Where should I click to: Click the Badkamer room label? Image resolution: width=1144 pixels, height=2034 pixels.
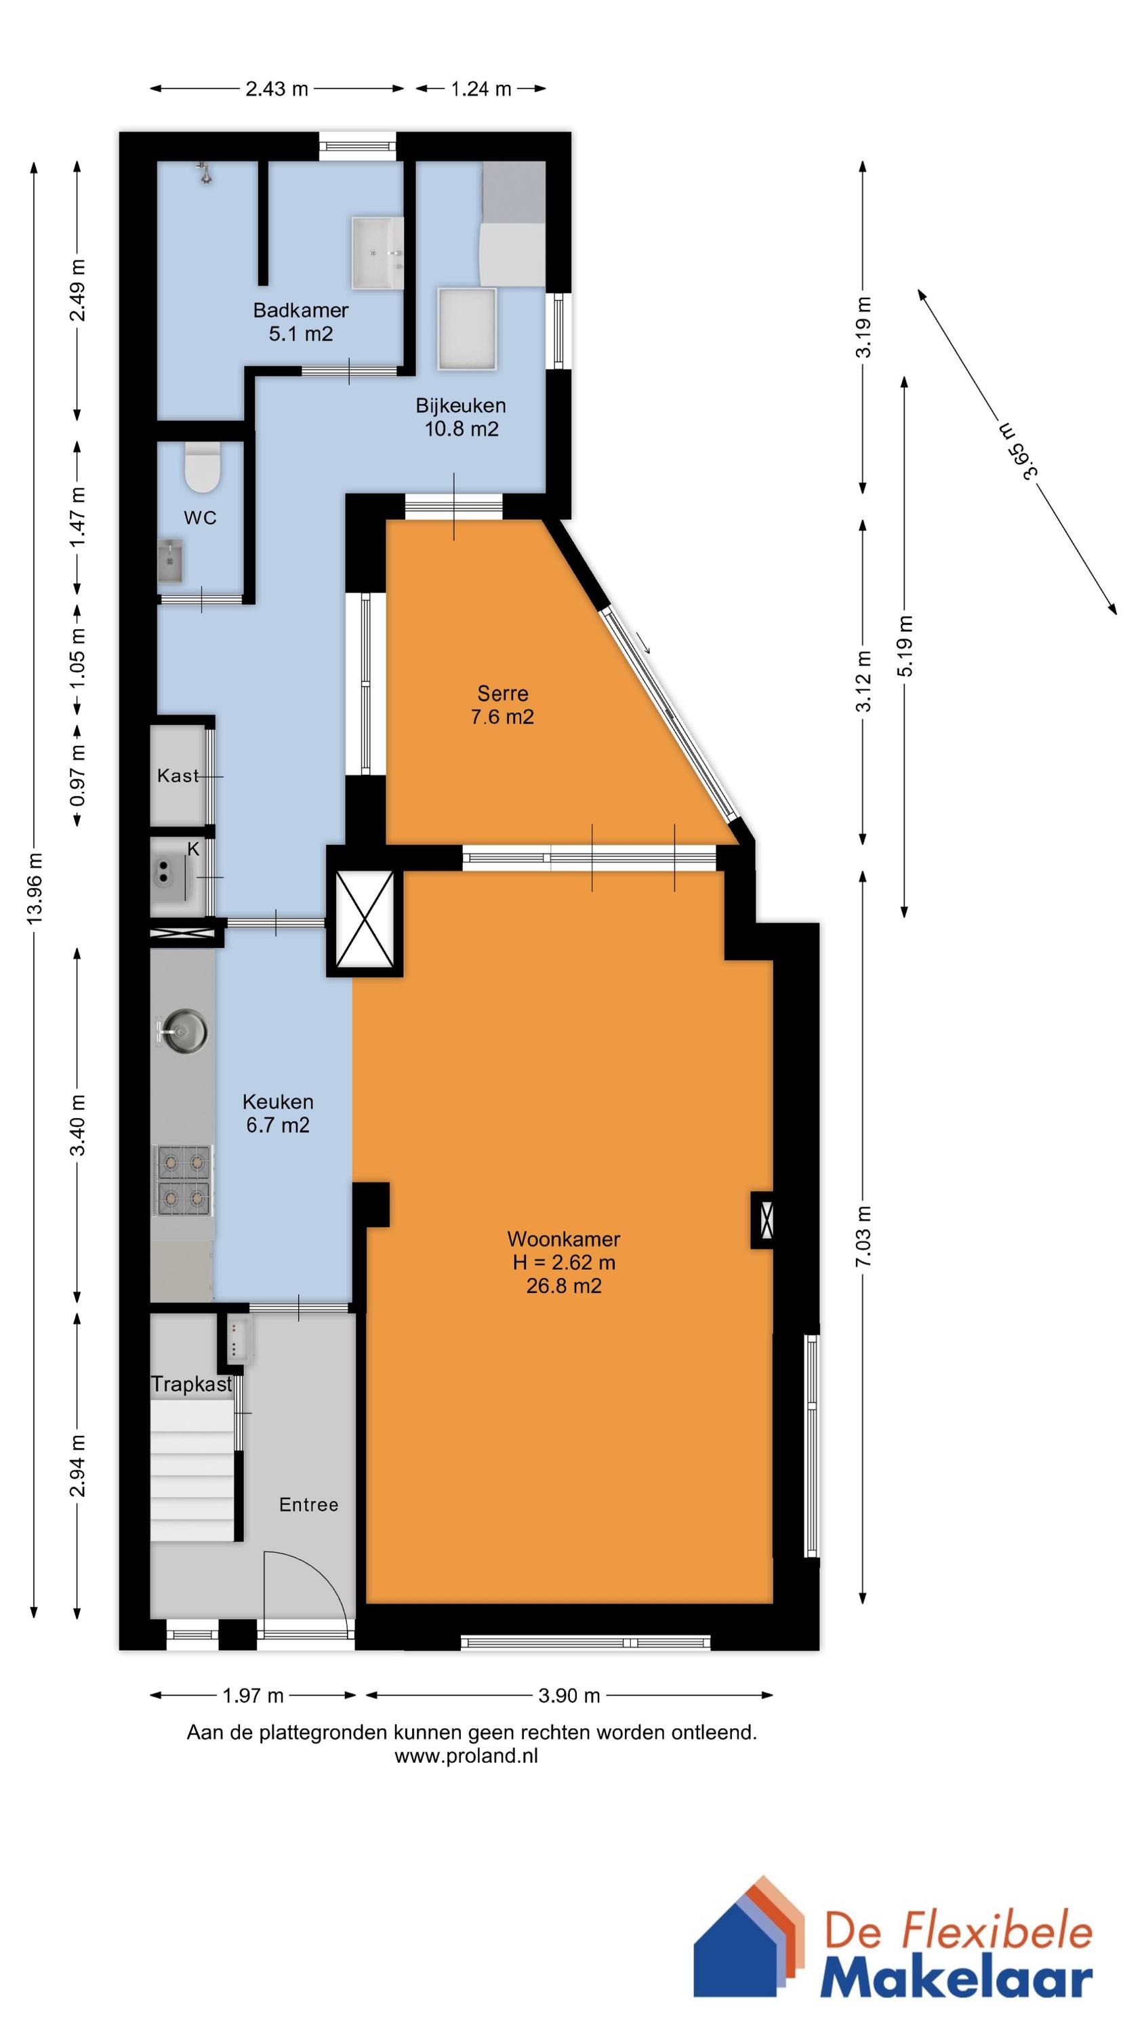point(301,311)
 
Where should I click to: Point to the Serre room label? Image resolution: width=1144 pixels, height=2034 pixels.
point(503,694)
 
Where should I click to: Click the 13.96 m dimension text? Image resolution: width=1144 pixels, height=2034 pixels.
point(35,889)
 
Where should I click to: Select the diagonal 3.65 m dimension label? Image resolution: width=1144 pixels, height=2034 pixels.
point(1018,451)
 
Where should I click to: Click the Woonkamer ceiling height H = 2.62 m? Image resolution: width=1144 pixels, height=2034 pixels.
point(564,1262)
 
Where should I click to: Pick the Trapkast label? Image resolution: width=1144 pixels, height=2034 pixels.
point(192,1384)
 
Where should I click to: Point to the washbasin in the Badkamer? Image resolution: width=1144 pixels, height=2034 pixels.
point(377,252)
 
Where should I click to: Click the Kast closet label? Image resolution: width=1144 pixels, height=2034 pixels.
point(178,776)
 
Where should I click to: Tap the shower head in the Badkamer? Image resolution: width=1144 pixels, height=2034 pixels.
point(205,173)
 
